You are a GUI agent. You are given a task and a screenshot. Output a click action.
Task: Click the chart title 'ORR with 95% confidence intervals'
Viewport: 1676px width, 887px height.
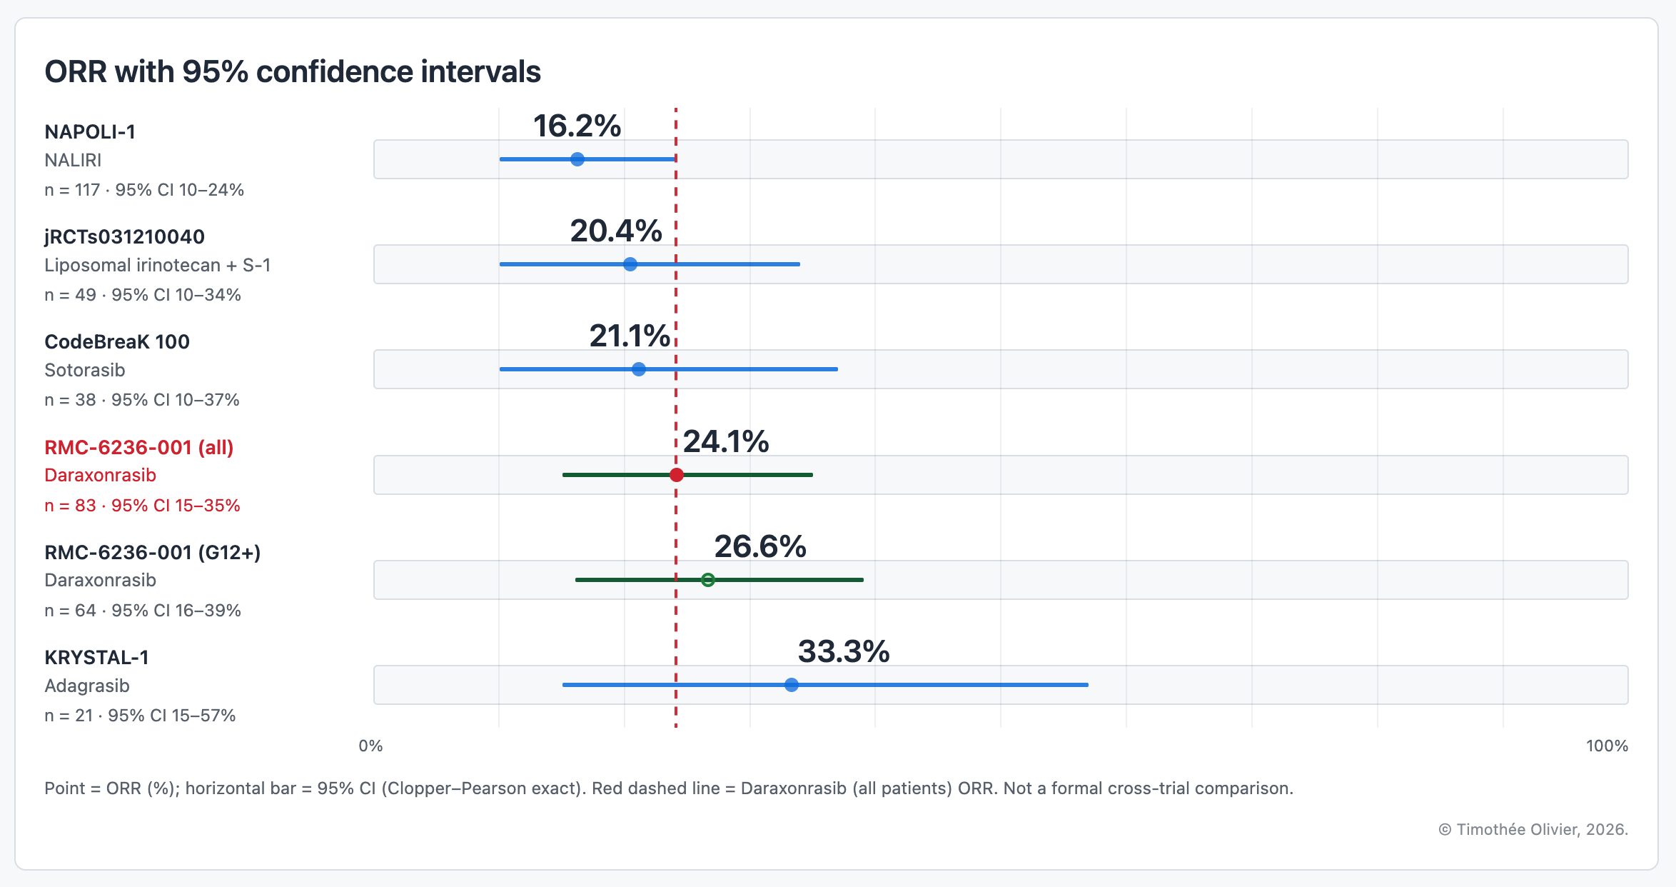(293, 71)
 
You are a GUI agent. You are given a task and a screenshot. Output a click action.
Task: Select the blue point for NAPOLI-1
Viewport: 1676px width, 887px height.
(577, 159)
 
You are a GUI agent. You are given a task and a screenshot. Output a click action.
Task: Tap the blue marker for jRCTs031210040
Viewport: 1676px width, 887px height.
(630, 264)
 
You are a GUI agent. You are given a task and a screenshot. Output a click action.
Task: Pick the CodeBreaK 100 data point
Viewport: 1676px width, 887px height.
(639, 369)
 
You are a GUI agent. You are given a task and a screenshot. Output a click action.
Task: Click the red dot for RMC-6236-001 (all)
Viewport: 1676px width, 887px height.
(677, 475)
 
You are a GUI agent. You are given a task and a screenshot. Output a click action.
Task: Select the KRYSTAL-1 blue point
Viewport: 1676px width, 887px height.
(792, 685)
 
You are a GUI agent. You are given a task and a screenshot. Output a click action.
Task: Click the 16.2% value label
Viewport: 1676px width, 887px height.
(577, 126)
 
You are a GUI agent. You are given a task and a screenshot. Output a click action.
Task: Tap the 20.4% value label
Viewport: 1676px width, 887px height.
(616, 231)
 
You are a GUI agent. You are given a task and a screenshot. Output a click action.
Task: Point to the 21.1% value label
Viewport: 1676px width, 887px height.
(630, 336)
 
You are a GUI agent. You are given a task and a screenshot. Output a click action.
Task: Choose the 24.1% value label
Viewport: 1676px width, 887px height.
(726, 441)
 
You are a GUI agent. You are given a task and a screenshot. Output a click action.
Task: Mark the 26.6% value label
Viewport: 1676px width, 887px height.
(760, 546)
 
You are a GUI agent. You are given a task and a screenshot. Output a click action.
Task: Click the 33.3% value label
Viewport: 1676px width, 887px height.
(844, 651)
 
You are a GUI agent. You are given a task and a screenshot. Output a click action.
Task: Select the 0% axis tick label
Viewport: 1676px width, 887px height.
(370, 746)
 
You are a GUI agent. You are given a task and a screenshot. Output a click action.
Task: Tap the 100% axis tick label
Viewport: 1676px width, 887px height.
(1607, 746)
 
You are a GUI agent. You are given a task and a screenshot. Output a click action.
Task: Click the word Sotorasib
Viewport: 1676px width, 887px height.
(85, 370)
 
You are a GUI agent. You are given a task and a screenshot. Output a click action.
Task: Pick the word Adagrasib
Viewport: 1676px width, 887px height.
(87, 686)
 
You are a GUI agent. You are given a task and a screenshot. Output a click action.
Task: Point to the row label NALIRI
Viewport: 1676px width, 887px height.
(73, 160)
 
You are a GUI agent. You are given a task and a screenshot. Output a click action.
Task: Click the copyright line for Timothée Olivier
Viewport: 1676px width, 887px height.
(1533, 829)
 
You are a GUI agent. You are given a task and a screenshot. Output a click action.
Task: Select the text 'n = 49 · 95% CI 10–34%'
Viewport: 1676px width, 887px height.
(143, 295)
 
